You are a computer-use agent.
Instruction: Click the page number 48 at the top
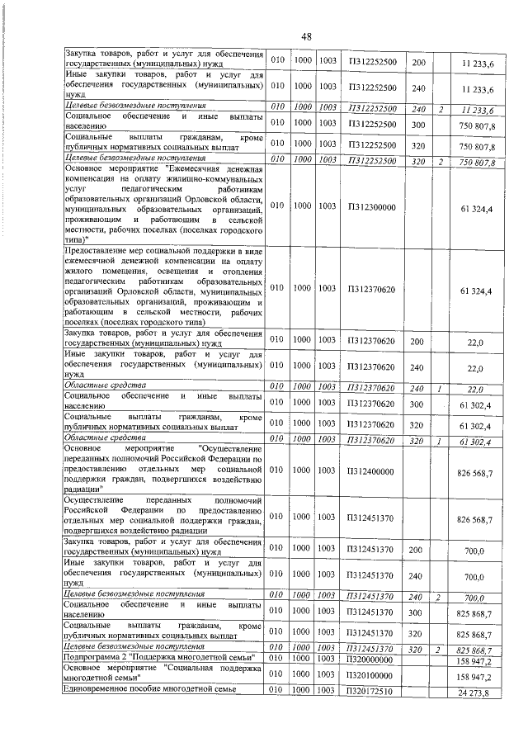click(306, 37)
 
